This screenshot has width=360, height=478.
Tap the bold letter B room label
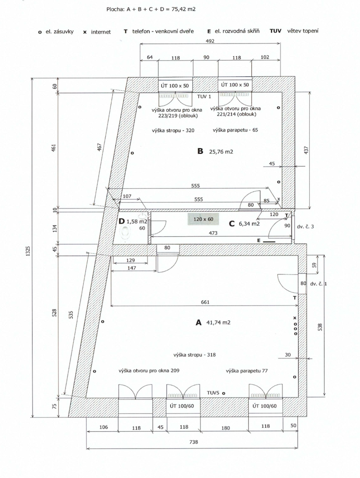(200, 151)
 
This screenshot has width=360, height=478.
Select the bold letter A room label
(198, 323)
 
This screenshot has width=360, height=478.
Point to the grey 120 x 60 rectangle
(203, 219)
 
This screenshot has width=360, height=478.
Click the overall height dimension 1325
(28, 251)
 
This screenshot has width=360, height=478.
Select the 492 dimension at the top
(210, 41)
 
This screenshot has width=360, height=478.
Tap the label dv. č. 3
(305, 227)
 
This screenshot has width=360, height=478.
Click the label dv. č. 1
(319, 284)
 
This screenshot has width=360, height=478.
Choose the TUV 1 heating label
(204, 96)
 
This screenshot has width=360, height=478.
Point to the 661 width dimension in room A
(205, 302)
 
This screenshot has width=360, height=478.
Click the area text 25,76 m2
(221, 152)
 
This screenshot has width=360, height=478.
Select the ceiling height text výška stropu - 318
(195, 355)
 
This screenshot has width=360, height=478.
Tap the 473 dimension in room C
(213, 233)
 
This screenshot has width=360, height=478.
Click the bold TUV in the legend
(275, 31)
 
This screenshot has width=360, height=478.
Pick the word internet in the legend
(101, 32)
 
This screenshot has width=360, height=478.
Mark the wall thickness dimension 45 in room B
(272, 163)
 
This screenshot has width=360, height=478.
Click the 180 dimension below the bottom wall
(226, 428)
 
